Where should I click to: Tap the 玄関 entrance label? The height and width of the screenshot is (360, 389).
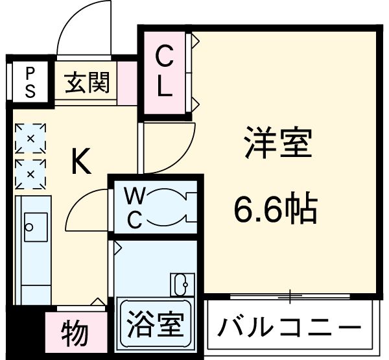point(87,82)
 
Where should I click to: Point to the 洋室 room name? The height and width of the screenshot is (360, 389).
point(279,145)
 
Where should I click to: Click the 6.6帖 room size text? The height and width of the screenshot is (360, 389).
point(276,209)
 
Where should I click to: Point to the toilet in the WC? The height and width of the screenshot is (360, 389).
point(170,210)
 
